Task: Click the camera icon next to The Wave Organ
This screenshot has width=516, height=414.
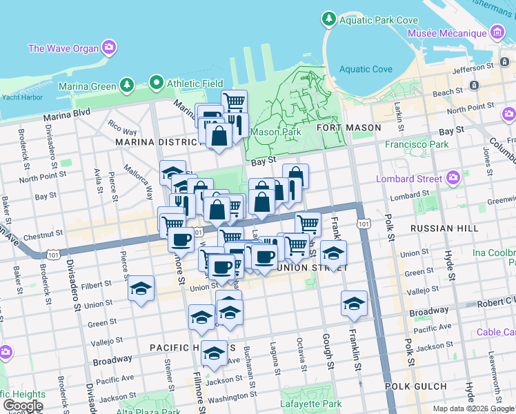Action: coord(109,48)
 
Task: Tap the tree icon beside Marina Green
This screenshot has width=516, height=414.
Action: coord(126,86)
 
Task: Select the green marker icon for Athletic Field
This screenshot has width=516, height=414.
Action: coord(157,83)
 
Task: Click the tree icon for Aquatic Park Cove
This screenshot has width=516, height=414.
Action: coord(330,20)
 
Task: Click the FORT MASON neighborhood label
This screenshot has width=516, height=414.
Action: coord(348,128)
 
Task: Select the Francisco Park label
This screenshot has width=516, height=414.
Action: coord(417,145)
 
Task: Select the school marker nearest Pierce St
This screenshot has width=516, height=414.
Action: coord(141,290)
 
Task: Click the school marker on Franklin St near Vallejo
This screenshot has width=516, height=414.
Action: coord(354,303)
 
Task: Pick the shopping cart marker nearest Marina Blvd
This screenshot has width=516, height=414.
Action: coord(234,102)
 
